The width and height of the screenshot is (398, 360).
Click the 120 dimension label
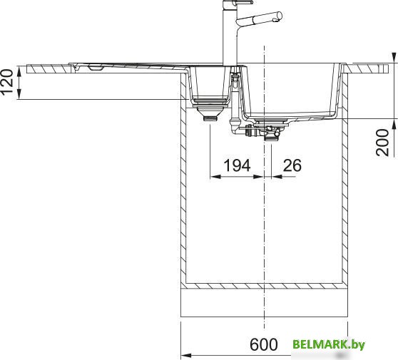pos(7,81)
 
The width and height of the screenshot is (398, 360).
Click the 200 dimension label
pos(382,143)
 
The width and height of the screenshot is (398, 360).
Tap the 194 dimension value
pos(237,165)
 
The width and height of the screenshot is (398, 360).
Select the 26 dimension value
pos(292,165)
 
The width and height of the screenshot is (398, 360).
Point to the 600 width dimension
pos(264,344)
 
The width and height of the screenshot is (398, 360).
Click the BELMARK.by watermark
pos(329,344)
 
